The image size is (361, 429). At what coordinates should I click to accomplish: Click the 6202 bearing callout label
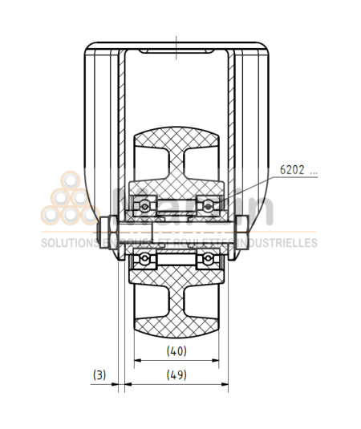298,171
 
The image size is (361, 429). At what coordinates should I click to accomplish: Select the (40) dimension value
176,350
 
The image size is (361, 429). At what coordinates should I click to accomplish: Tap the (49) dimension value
176,374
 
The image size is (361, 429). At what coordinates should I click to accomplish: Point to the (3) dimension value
99,374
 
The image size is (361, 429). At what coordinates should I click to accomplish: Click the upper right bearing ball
209,205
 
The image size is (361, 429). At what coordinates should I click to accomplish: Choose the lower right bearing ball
209,258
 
